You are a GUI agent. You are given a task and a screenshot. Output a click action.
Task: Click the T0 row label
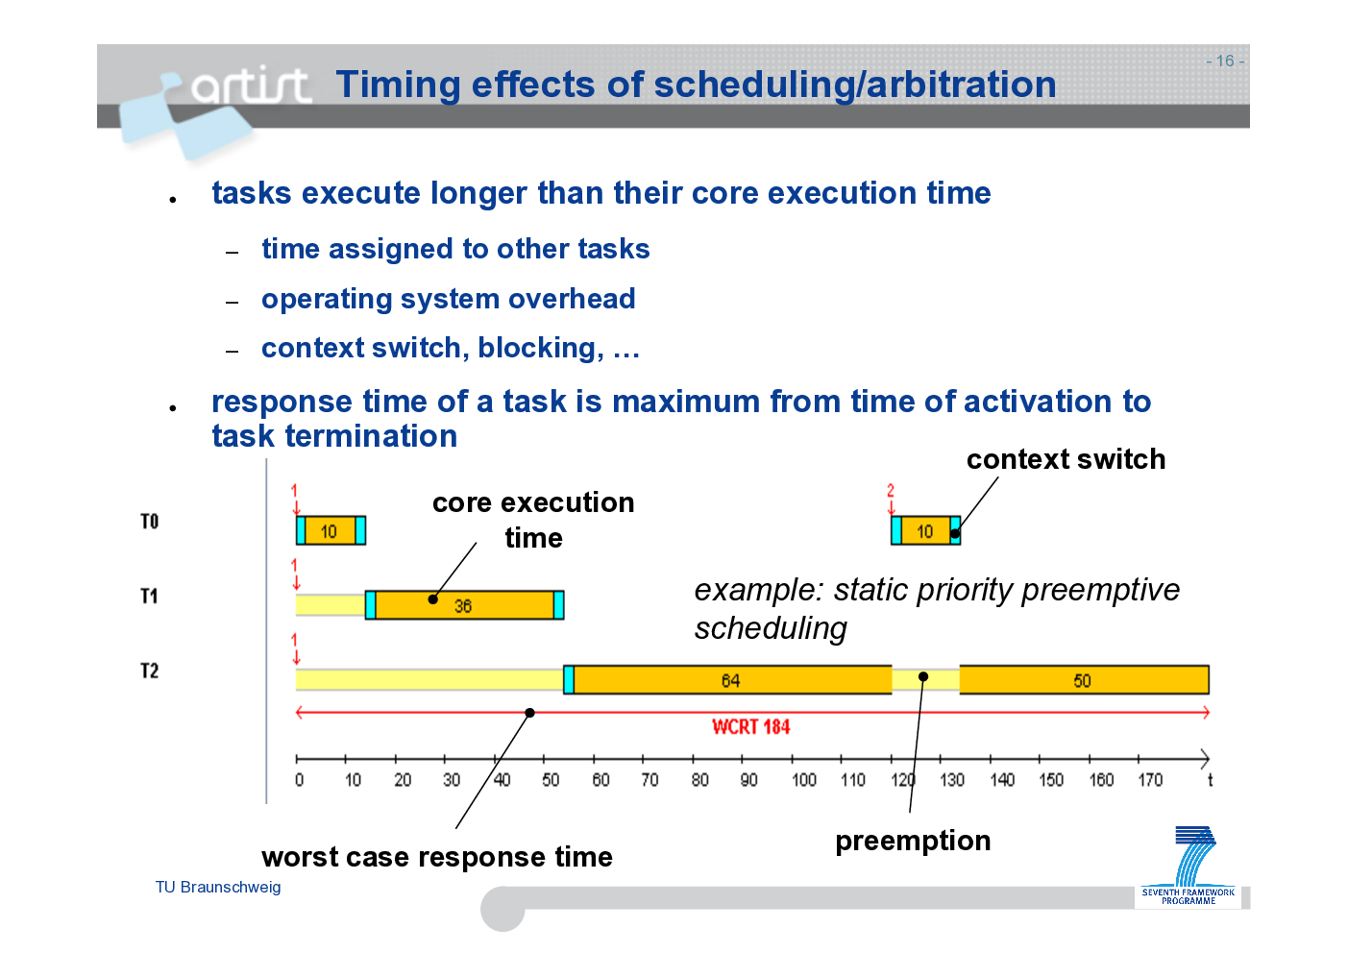point(149,521)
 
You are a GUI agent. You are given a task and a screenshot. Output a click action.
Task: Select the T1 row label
point(149,597)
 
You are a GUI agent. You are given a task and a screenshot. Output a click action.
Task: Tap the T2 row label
point(149,671)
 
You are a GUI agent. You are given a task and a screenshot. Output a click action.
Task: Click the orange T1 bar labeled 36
point(464,605)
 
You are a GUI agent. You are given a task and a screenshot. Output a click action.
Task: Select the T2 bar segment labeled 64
point(732,680)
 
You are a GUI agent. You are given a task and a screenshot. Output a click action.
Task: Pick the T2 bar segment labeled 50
point(1084,680)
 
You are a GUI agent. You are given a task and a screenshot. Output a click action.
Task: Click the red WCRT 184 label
point(750,727)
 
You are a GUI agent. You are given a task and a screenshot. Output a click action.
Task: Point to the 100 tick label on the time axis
point(803,780)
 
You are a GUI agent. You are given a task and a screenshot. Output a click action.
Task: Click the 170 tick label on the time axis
point(1149,780)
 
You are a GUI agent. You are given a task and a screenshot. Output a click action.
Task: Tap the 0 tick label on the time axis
point(299,780)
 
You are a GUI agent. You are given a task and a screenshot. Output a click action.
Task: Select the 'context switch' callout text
point(1066,459)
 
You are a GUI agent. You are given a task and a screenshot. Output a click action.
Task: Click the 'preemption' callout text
point(913,842)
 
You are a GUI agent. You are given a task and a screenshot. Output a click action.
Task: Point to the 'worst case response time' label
point(437,857)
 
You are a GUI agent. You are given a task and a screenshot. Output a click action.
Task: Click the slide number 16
point(1225,61)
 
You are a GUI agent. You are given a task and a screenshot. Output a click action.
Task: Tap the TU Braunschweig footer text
point(218,888)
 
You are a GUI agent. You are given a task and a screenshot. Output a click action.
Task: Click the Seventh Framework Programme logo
point(1188,866)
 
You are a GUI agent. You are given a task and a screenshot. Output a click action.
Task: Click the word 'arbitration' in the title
point(961,84)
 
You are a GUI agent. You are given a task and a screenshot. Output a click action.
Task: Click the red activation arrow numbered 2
point(892,500)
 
